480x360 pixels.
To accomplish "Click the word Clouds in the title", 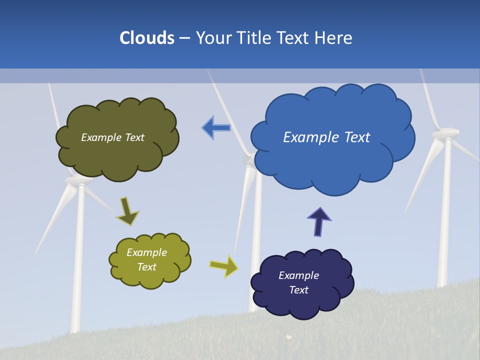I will coord(147,38).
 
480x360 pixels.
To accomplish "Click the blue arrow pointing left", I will coord(216,128).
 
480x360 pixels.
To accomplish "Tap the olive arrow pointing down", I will coord(127,211).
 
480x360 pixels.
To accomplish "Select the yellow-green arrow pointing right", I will coord(223,266).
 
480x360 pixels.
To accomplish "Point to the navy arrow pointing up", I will coord(319,222).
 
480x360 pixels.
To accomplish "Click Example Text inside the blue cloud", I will coord(326,137).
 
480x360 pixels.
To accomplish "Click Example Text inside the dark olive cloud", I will coord(112,137).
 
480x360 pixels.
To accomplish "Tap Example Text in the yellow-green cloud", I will coord(147,259).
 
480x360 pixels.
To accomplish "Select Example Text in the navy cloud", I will coord(298,282).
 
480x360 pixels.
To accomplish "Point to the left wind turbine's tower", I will coord(78,260).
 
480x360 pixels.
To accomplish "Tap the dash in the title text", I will coord(184,38).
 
